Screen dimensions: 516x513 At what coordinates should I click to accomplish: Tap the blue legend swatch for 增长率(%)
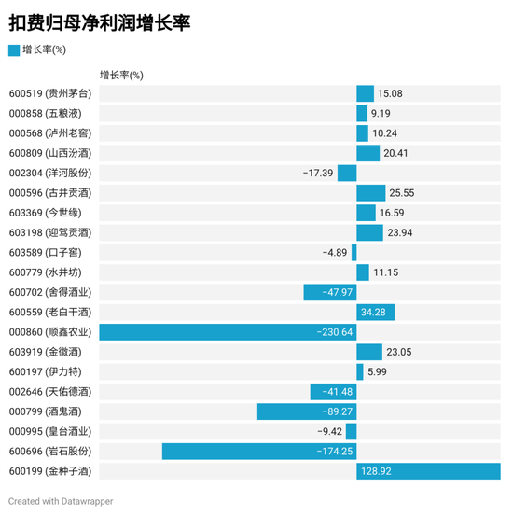pyautogui.click(x=13, y=49)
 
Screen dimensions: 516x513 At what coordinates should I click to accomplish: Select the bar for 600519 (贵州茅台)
pyautogui.click(x=365, y=93)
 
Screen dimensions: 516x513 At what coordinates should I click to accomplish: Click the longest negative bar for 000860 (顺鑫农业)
pyautogui.click(x=228, y=332)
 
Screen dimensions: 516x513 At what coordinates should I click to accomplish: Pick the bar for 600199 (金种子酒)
pyautogui.click(x=428, y=471)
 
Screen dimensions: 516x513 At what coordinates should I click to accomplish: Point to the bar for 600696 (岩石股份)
pyautogui.click(x=259, y=452)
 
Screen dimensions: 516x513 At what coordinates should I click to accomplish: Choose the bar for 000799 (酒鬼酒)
pyautogui.click(x=307, y=411)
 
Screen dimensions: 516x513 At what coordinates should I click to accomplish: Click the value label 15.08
pyautogui.click(x=390, y=93)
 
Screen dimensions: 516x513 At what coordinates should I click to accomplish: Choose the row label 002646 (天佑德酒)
pyautogui.click(x=50, y=392)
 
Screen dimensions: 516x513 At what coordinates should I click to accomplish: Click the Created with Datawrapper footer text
pyautogui.click(x=61, y=501)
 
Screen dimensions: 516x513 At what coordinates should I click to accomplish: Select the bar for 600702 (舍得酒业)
pyautogui.click(x=330, y=292)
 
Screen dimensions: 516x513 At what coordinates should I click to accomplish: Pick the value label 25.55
pyautogui.click(x=401, y=193)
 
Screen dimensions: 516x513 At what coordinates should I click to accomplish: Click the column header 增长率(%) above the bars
pyautogui.click(x=121, y=74)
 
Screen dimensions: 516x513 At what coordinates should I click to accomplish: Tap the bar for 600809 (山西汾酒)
pyautogui.click(x=367, y=153)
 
